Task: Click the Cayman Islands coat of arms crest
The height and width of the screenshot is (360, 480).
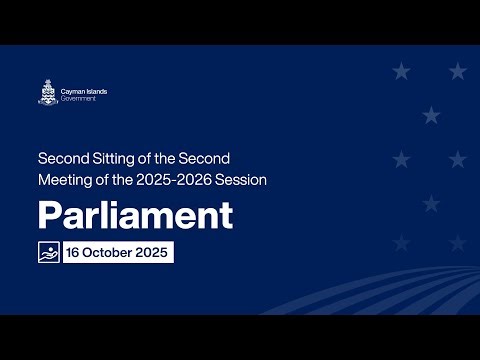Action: tap(46, 92)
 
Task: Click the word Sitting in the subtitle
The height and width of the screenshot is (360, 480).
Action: tap(108, 158)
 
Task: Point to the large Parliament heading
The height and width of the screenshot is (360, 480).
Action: tap(135, 215)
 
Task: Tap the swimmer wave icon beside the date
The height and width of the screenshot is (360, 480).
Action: tap(48, 252)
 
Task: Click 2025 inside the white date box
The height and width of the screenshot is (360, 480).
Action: tap(153, 252)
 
